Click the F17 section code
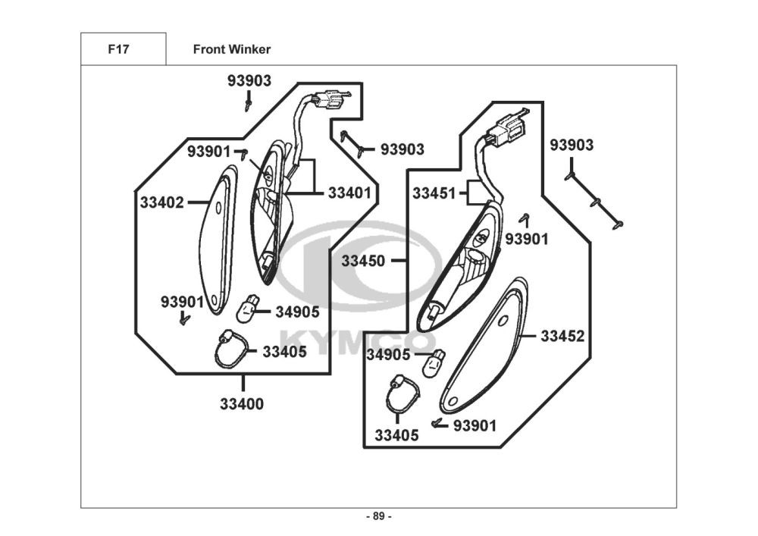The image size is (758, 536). click(118, 49)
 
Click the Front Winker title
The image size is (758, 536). click(231, 49)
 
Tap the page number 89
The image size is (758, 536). click(379, 516)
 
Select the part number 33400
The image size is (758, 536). click(242, 403)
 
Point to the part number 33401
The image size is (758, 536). click(349, 193)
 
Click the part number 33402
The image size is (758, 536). click(162, 202)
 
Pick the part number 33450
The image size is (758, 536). click(363, 261)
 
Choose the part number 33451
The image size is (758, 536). click(434, 193)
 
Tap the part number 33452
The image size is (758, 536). click(562, 336)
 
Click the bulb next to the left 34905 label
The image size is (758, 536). click(246, 309)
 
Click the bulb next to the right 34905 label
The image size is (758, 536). click(434, 363)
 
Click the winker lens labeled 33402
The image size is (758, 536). click(218, 240)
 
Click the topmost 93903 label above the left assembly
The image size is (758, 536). click(249, 80)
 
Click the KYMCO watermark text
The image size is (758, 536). click(359, 342)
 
